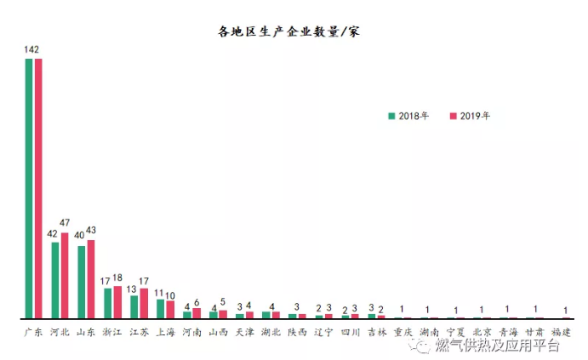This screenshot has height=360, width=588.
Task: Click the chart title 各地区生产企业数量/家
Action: click(290, 32)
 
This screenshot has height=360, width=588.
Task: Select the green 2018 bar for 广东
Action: click(29, 187)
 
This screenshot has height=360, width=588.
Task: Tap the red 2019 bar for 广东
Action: click(38, 187)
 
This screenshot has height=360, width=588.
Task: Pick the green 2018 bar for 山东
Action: click(82, 282)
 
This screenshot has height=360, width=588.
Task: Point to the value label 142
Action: click(31, 50)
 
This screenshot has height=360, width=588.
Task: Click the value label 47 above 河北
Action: click(66, 223)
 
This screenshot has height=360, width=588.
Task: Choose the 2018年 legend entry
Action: click(409, 116)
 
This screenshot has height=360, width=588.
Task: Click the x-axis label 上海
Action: click(165, 332)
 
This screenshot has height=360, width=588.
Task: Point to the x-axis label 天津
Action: click(244, 332)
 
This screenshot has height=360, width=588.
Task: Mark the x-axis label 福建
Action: click(561, 332)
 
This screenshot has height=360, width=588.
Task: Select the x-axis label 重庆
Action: click(402, 332)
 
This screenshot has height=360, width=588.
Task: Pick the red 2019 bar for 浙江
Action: click(117, 301)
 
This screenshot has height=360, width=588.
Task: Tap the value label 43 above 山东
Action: click(92, 231)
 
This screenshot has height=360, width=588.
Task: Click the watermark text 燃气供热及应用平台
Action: click(496, 346)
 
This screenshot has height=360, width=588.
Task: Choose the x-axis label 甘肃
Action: click(534, 332)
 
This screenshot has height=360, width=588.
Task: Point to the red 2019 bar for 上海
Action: click(170, 309)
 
